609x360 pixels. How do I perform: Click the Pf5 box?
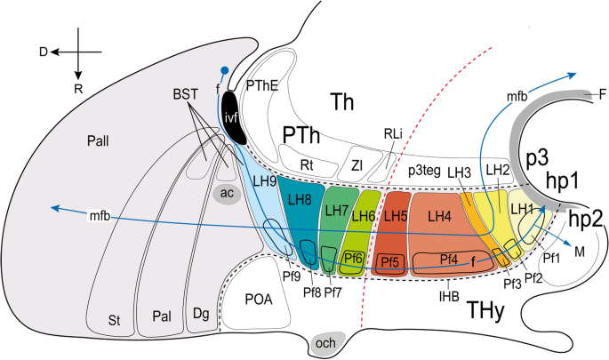[x=390, y=261]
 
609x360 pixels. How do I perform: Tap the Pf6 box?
[x=354, y=257]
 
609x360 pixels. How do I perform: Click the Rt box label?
[x=308, y=163]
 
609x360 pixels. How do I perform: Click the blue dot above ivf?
[x=225, y=70]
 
